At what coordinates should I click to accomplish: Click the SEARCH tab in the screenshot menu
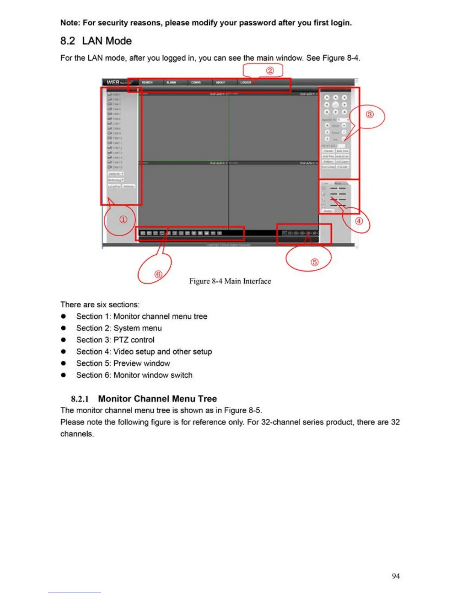(x=147, y=82)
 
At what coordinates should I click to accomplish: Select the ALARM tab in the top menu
(x=171, y=82)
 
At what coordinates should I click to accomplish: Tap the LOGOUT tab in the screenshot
(x=246, y=82)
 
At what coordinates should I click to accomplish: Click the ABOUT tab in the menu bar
(x=220, y=82)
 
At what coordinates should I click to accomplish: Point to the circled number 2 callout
(x=270, y=70)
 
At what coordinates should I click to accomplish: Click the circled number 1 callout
(x=123, y=219)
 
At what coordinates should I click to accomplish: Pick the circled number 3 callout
(x=370, y=114)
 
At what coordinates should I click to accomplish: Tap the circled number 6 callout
(x=159, y=274)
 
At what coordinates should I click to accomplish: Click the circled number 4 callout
(x=359, y=221)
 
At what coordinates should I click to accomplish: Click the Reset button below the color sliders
(x=328, y=211)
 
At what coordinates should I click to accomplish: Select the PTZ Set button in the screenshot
(x=342, y=167)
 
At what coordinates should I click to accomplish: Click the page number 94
(x=395, y=576)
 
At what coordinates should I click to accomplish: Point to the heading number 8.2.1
(x=80, y=399)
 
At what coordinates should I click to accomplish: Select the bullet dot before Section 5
(x=64, y=363)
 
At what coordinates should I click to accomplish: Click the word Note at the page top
(x=70, y=23)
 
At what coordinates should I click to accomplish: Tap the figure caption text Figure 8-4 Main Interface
(x=230, y=281)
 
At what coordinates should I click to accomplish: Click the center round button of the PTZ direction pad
(x=336, y=105)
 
